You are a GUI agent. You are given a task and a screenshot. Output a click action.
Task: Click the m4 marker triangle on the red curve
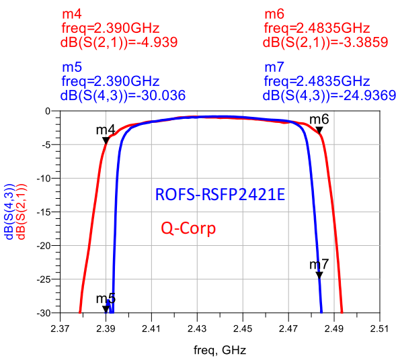(x=106, y=140)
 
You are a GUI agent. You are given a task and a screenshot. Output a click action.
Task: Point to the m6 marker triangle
(x=319, y=130)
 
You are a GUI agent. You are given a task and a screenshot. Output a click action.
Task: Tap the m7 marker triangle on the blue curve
(x=319, y=275)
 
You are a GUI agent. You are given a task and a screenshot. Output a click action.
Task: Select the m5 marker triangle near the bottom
(x=106, y=308)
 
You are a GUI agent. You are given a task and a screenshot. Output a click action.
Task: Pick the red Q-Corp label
(x=188, y=228)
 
